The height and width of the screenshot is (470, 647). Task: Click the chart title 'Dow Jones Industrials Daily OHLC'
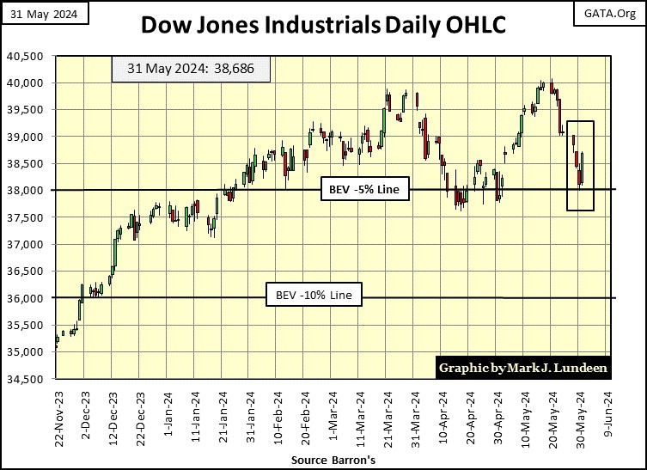(x=323, y=25)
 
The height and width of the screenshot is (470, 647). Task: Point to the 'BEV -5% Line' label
(x=365, y=190)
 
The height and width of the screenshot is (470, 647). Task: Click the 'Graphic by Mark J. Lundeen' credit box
(x=522, y=368)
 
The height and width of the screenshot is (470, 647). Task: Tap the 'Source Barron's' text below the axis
(x=323, y=461)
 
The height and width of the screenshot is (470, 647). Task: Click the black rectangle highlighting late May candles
(x=580, y=165)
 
